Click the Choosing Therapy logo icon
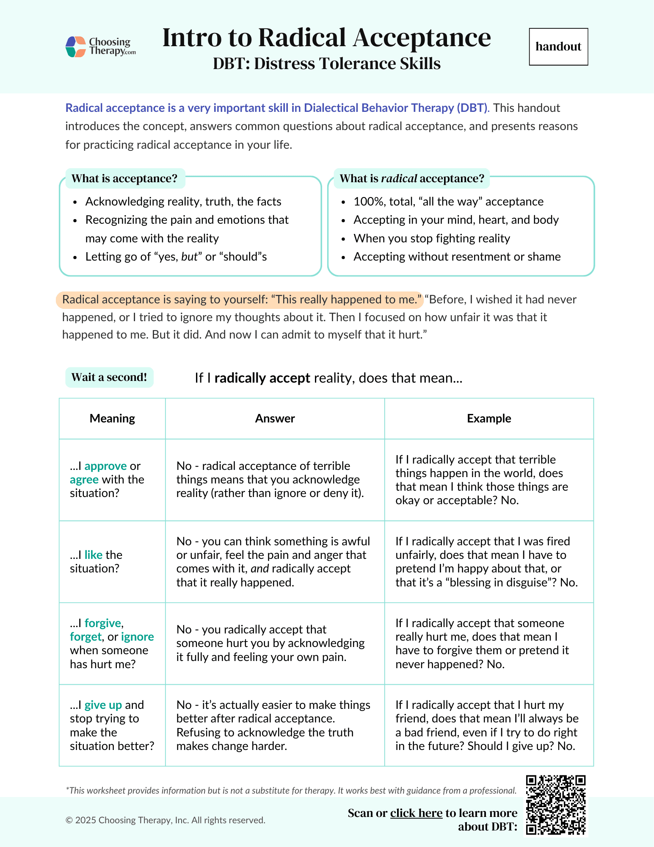(76, 47)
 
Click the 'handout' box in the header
(558, 47)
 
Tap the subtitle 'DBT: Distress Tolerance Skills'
(326, 64)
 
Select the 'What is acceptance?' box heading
(124, 178)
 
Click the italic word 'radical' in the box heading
(399, 178)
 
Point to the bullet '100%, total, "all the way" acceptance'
(448, 202)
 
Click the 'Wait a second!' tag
(109, 377)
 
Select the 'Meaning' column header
(112, 419)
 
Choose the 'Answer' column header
(275, 419)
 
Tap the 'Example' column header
(489, 419)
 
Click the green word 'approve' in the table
(105, 466)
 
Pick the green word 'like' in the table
(94, 555)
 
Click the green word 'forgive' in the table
(103, 623)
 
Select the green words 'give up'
(103, 705)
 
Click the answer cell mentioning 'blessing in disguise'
(487, 562)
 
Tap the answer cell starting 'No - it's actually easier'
(273, 725)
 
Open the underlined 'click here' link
(416, 813)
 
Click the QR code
(556, 805)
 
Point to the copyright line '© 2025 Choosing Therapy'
(166, 820)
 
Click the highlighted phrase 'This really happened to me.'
(347, 300)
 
